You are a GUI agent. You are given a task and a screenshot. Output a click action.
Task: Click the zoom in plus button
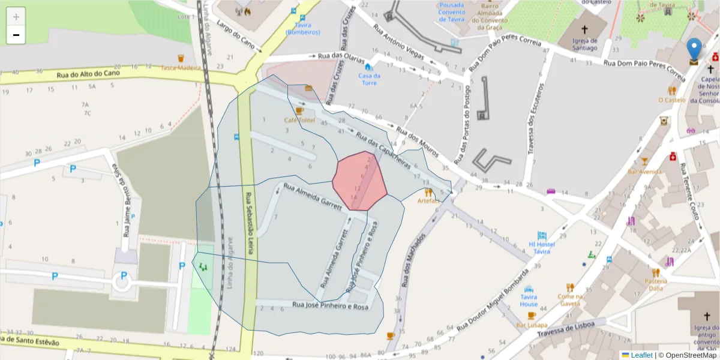pyautogui.click(x=16, y=17)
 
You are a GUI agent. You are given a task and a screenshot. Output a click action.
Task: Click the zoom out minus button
pyautogui.click(x=16, y=35)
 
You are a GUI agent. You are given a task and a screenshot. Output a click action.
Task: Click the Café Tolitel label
pyautogui.click(x=299, y=120)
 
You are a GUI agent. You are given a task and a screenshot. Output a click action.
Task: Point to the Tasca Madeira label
pyautogui.click(x=180, y=68)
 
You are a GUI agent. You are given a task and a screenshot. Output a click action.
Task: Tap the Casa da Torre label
pyautogui.click(x=369, y=79)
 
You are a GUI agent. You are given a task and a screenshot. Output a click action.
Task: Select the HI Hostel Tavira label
pyautogui.click(x=541, y=248)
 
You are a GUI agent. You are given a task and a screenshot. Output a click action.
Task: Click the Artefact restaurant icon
pyautogui.click(x=428, y=193)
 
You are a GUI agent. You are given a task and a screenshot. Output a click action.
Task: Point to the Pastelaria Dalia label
pyautogui.click(x=655, y=284)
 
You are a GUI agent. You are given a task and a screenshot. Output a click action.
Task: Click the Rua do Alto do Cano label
pyautogui.click(x=88, y=74)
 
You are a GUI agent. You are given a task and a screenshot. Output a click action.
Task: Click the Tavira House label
pyautogui.click(x=529, y=301)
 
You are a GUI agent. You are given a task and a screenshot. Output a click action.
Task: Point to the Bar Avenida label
pyautogui.click(x=644, y=172)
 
